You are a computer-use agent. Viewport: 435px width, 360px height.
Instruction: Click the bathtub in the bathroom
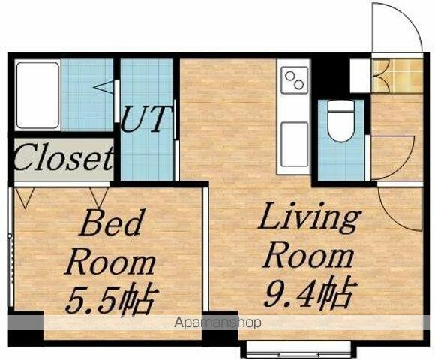point(37,94)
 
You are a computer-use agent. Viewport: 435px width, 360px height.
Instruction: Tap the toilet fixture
point(341,121)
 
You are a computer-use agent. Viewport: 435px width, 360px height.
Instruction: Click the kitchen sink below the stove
point(295,144)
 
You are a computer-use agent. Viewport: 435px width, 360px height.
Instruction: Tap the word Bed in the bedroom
point(111,223)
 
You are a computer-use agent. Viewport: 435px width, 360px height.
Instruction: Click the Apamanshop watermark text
point(217,322)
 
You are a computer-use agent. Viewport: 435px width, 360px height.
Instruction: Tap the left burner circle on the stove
point(290,75)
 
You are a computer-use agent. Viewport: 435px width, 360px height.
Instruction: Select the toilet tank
point(341,106)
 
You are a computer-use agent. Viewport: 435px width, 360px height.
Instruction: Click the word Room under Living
point(308,257)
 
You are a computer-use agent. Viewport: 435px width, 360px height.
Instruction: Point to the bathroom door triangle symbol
point(104,86)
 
